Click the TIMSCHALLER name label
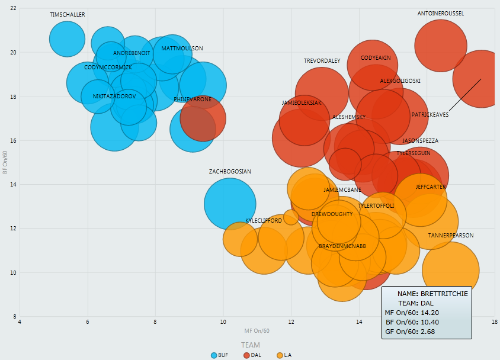(x=68, y=14)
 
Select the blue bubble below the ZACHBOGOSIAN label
(x=229, y=204)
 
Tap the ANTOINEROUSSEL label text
(x=441, y=13)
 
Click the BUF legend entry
(x=219, y=355)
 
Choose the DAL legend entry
(x=252, y=355)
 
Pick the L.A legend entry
(x=284, y=355)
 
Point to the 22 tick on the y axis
(x=13, y=8)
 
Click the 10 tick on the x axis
(x=223, y=322)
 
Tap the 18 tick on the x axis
(x=493, y=322)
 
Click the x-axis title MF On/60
(x=257, y=330)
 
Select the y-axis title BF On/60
(x=5, y=162)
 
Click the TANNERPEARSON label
(x=451, y=236)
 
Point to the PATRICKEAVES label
(x=430, y=115)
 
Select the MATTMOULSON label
(x=182, y=49)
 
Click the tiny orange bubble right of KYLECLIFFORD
(x=291, y=217)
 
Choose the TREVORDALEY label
(x=322, y=61)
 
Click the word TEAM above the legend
(x=250, y=345)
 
